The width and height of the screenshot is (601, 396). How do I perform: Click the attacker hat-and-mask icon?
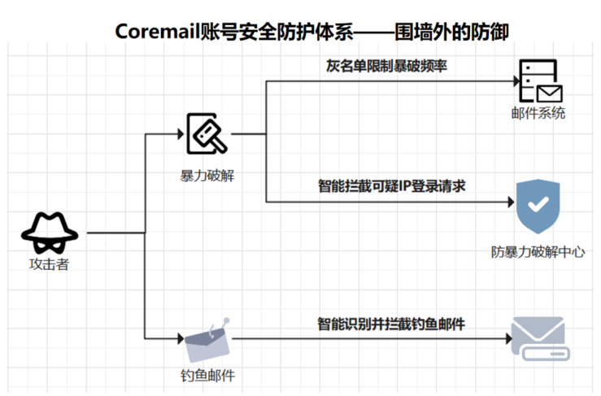(x=50, y=233)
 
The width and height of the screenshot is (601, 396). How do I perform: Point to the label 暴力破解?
(x=207, y=175)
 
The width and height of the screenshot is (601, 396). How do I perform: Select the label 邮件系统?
(x=538, y=113)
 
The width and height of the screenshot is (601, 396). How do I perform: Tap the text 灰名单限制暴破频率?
(x=381, y=67)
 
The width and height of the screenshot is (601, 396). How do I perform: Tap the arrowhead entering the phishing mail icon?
(x=180, y=337)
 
